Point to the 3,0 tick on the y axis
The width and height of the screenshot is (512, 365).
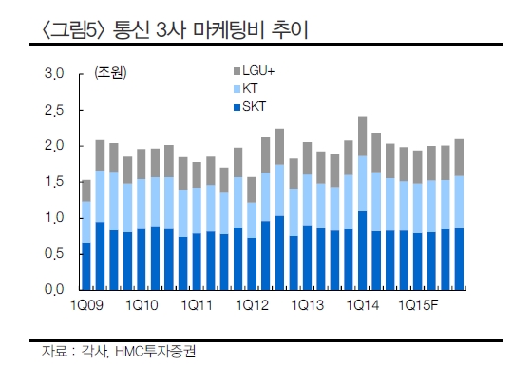coord(53,73)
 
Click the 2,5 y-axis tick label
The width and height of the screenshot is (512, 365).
coord(53,110)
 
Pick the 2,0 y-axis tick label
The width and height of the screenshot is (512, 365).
coord(53,146)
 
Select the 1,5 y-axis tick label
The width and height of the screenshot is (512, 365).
coord(53,182)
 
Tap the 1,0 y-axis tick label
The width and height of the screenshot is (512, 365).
coord(53,218)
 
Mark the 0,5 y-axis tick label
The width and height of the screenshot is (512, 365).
coord(53,254)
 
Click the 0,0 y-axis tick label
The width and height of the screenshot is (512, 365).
coord(53,290)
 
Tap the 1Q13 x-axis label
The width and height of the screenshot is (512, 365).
coord(306,305)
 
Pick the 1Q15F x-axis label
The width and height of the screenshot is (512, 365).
coord(419,305)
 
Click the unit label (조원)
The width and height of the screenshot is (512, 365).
coord(109,73)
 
